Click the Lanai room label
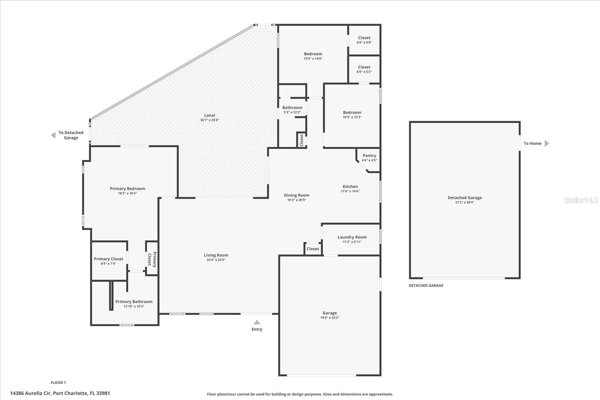(x=210, y=115)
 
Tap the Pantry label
(x=369, y=156)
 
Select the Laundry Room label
(x=352, y=237)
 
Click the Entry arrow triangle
(x=257, y=322)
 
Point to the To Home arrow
(x=546, y=144)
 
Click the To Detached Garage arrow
(x=53, y=135)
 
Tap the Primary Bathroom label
(x=134, y=302)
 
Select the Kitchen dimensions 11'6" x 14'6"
(x=350, y=191)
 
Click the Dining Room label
(x=297, y=195)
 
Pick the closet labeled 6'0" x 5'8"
(x=364, y=40)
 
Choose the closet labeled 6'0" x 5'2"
(x=364, y=69)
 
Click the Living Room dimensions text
(x=216, y=260)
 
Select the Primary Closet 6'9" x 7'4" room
(x=108, y=261)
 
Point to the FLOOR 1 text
(x=58, y=383)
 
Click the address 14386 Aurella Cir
(x=60, y=393)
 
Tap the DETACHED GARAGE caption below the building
(x=426, y=286)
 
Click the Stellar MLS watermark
(x=581, y=200)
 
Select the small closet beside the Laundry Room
(x=313, y=249)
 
